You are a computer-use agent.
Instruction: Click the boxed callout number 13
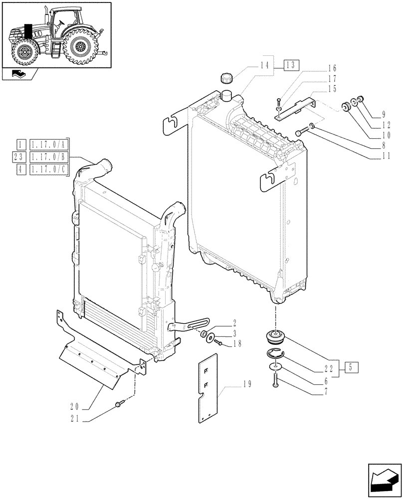click(291, 65)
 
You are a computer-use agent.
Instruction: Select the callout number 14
click(264, 65)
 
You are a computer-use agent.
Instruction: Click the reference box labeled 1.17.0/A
click(50, 145)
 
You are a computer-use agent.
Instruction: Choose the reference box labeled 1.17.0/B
click(50, 158)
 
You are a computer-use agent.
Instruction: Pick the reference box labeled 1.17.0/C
click(50, 170)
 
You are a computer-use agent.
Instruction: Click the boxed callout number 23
click(20, 158)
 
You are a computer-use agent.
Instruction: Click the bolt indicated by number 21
click(118, 404)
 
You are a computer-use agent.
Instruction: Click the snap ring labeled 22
click(273, 355)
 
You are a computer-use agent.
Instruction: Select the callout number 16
click(333, 68)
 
